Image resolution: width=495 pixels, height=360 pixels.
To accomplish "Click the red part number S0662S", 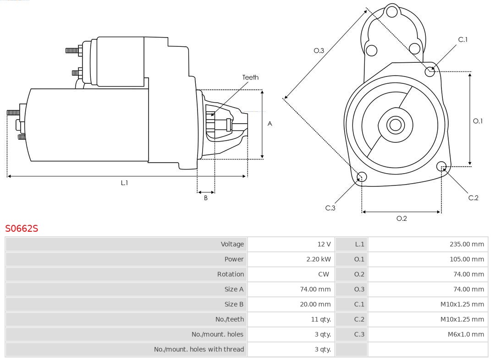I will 22,228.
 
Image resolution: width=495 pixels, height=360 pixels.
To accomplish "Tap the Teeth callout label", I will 250,77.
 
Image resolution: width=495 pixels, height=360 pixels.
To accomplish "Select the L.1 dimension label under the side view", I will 124,183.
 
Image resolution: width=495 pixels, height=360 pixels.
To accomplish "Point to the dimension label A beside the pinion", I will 269,124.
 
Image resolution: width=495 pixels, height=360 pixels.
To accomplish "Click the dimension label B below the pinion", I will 206,198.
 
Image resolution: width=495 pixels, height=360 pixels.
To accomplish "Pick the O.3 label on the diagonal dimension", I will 319,50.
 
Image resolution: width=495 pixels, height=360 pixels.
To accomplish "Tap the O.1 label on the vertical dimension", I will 478,121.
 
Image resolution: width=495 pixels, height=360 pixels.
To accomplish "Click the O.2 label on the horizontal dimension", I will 401,218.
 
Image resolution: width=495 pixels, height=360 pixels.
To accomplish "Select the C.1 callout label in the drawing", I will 463,39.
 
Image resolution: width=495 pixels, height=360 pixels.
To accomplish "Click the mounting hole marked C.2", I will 441,166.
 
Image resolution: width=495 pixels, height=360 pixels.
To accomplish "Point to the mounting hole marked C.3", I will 362,177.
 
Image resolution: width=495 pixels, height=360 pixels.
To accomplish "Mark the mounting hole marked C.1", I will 430,71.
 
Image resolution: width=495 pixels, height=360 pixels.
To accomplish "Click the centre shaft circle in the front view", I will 394,125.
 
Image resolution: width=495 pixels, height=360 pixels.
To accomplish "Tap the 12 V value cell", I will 324,244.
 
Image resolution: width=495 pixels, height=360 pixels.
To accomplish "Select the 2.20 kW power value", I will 318,259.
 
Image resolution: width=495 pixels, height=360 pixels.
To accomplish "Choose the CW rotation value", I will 324,274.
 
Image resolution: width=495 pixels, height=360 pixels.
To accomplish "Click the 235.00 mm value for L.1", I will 467,244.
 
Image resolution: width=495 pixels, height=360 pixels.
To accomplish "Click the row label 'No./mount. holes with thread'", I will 199,349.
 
